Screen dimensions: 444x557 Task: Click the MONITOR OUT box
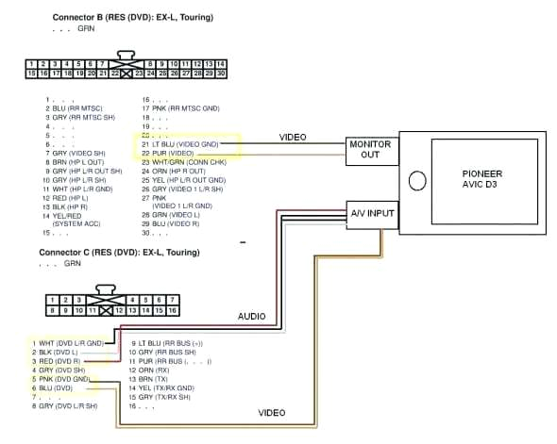pyautogui.click(x=370, y=150)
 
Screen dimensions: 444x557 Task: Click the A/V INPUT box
pyautogui.click(x=370, y=213)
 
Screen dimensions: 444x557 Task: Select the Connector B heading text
pyautogui.click(x=130, y=17)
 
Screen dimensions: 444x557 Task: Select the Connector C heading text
pyautogui.click(x=110, y=253)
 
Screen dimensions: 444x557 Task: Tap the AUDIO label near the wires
pyautogui.click(x=251, y=316)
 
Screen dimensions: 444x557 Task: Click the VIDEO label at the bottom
pyautogui.click(x=272, y=412)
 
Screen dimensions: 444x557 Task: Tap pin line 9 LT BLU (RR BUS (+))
pyautogui.click(x=168, y=342)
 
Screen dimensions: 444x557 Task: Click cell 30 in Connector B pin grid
pyautogui.click(x=220, y=72)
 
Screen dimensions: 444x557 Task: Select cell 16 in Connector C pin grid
pyautogui.click(x=172, y=309)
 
